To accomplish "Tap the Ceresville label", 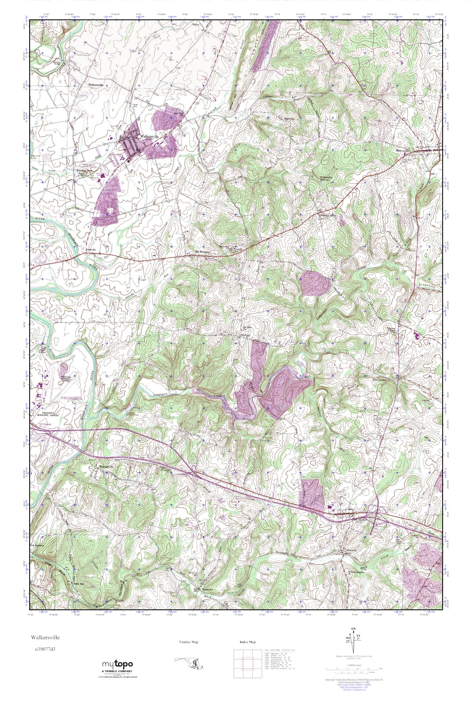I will pyautogui.click(x=91, y=250).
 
